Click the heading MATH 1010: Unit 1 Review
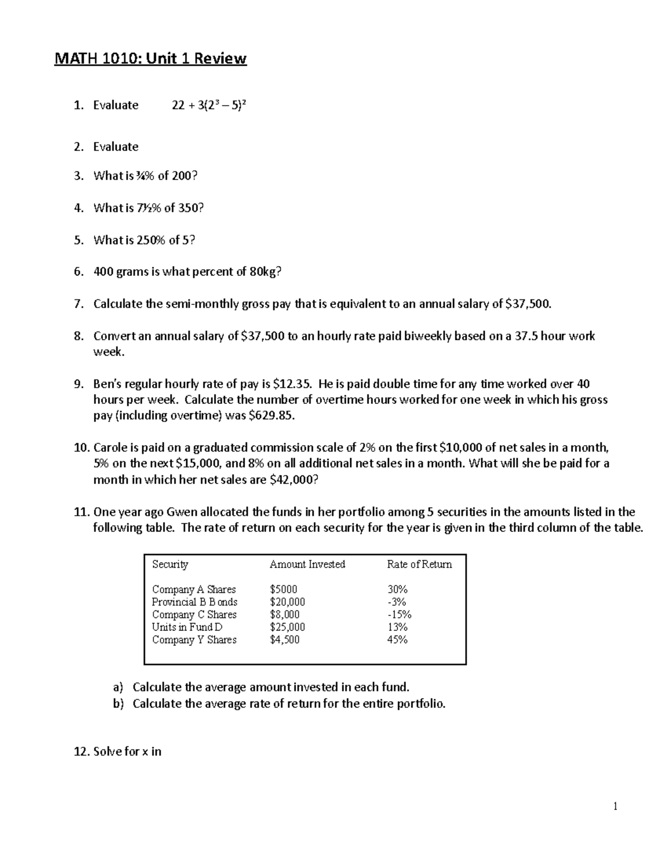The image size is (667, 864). [150, 58]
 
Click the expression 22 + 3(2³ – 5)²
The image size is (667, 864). [208, 105]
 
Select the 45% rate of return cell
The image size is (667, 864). [397, 640]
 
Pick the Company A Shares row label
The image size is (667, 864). [194, 589]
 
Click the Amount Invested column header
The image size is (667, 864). [307, 564]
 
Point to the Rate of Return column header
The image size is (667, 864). [419, 564]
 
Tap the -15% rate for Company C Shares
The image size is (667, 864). [399, 615]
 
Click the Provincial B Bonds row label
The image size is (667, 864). [195, 602]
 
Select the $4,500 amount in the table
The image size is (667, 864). [285, 640]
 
